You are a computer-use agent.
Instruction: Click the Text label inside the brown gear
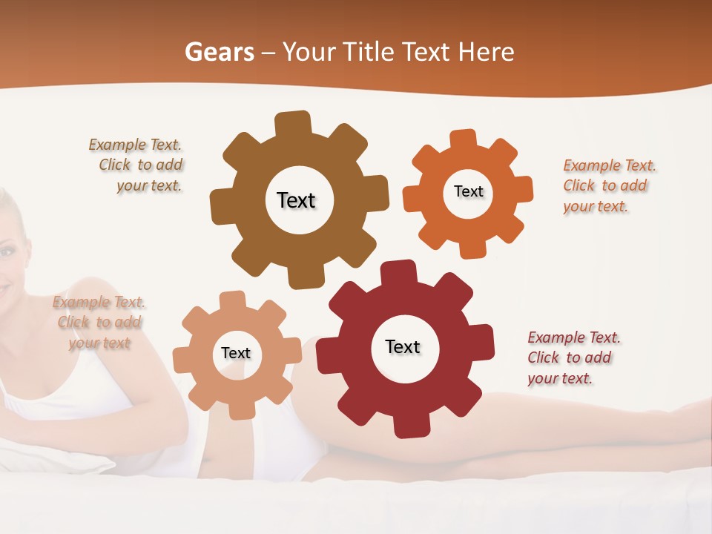click(296, 200)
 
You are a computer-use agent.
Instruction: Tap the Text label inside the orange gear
click(468, 191)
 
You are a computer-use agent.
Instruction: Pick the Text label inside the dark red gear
click(403, 346)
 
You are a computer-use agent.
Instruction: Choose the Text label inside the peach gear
click(236, 353)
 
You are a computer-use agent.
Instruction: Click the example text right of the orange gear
click(608, 185)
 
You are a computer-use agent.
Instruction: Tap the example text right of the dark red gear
click(573, 357)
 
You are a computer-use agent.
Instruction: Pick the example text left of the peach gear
click(99, 323)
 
